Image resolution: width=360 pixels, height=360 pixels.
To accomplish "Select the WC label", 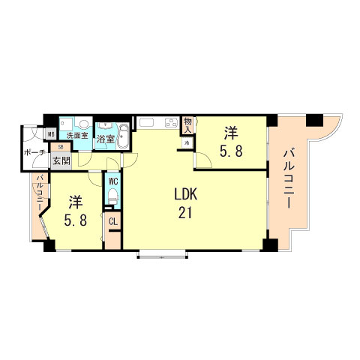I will (112, 181).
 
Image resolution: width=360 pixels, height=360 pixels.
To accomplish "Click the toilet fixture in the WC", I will (112, 196).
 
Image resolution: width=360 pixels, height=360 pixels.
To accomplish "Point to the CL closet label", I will (112, 221).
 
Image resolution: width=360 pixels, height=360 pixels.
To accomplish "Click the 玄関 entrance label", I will (61, 159).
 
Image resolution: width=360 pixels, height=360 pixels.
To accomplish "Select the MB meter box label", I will (51, 135).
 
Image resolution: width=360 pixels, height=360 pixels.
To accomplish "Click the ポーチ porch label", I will (34, 152).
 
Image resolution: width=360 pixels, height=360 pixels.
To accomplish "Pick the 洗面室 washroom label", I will (76, 136).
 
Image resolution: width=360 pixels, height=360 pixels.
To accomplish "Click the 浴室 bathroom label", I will (106, 139).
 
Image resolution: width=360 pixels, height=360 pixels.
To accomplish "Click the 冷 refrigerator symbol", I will (185, 142).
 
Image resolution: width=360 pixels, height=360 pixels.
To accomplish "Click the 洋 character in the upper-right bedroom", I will (230, 133).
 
